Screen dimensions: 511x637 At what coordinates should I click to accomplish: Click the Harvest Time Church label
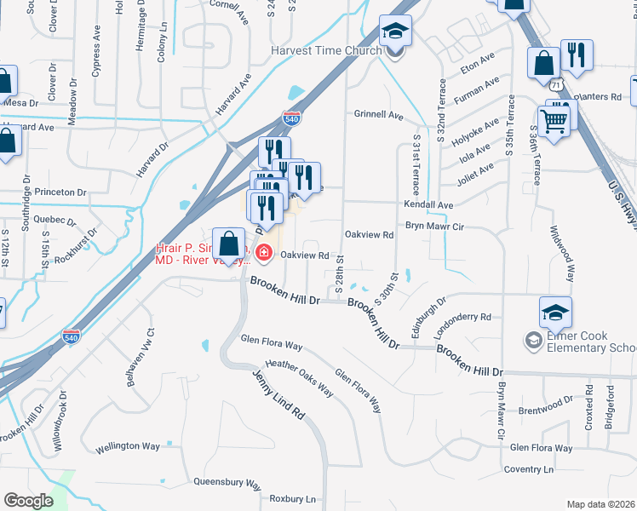[328, 50]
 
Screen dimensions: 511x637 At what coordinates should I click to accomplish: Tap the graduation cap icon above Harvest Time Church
[395, 32]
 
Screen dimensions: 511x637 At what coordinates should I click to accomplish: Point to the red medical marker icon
[263, 253]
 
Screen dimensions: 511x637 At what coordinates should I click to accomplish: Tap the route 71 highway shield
[555, 85]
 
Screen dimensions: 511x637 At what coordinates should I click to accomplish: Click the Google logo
[28, 500]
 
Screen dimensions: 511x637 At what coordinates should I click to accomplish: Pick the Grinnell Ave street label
[378, 114]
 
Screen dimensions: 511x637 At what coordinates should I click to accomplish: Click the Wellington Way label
[128, 446]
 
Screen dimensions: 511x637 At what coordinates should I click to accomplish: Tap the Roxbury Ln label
[292, 498]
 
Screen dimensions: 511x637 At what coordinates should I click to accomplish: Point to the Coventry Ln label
[529, 469]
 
